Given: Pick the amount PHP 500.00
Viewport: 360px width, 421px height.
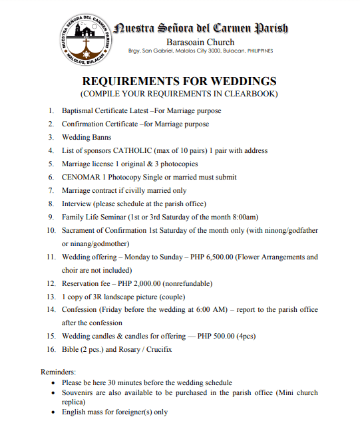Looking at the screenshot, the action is [218, 336].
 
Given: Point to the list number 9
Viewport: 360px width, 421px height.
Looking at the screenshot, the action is [53, 217].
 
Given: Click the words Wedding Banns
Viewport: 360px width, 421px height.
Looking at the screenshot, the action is [87, 138].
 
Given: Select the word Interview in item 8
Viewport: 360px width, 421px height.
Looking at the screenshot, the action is [77, 204].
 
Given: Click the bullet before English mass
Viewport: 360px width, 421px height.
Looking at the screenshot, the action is [54, 412].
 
